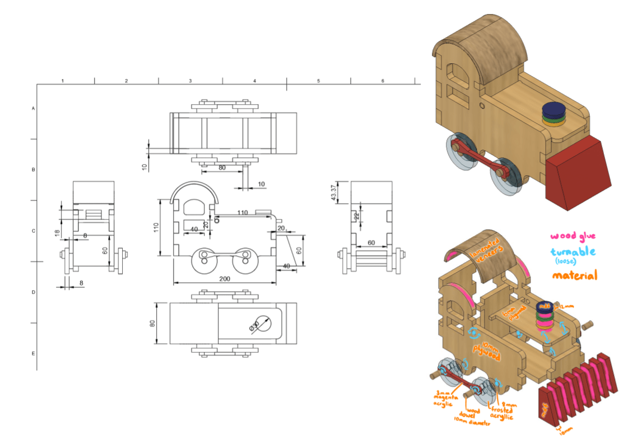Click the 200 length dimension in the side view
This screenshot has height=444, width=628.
pyautogui.click(x=224, y=278)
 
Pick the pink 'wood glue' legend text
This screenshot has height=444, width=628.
pyautogui.click(x=573, y=236)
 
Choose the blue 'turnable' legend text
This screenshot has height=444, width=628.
pyautogui.click(x=573, y=253)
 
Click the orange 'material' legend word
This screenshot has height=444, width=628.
pyautogui.click(x=574, y=275)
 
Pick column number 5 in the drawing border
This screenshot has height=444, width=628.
pyautogui.click(x=318, y=81)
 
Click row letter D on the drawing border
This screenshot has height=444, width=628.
pyautogui.click(x=33, y=292)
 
